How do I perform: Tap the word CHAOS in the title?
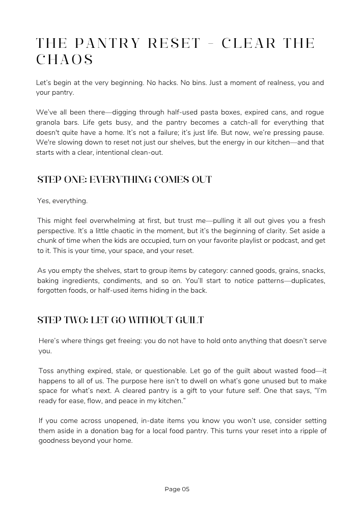[x=65, y=60]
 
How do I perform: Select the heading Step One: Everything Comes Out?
[x=124, y=179]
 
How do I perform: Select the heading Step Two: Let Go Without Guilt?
[x=120, y=320]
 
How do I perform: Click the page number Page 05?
[x=177, y=489]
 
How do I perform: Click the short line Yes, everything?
[x=62, y=201]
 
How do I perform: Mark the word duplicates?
[x=307, y=280]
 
